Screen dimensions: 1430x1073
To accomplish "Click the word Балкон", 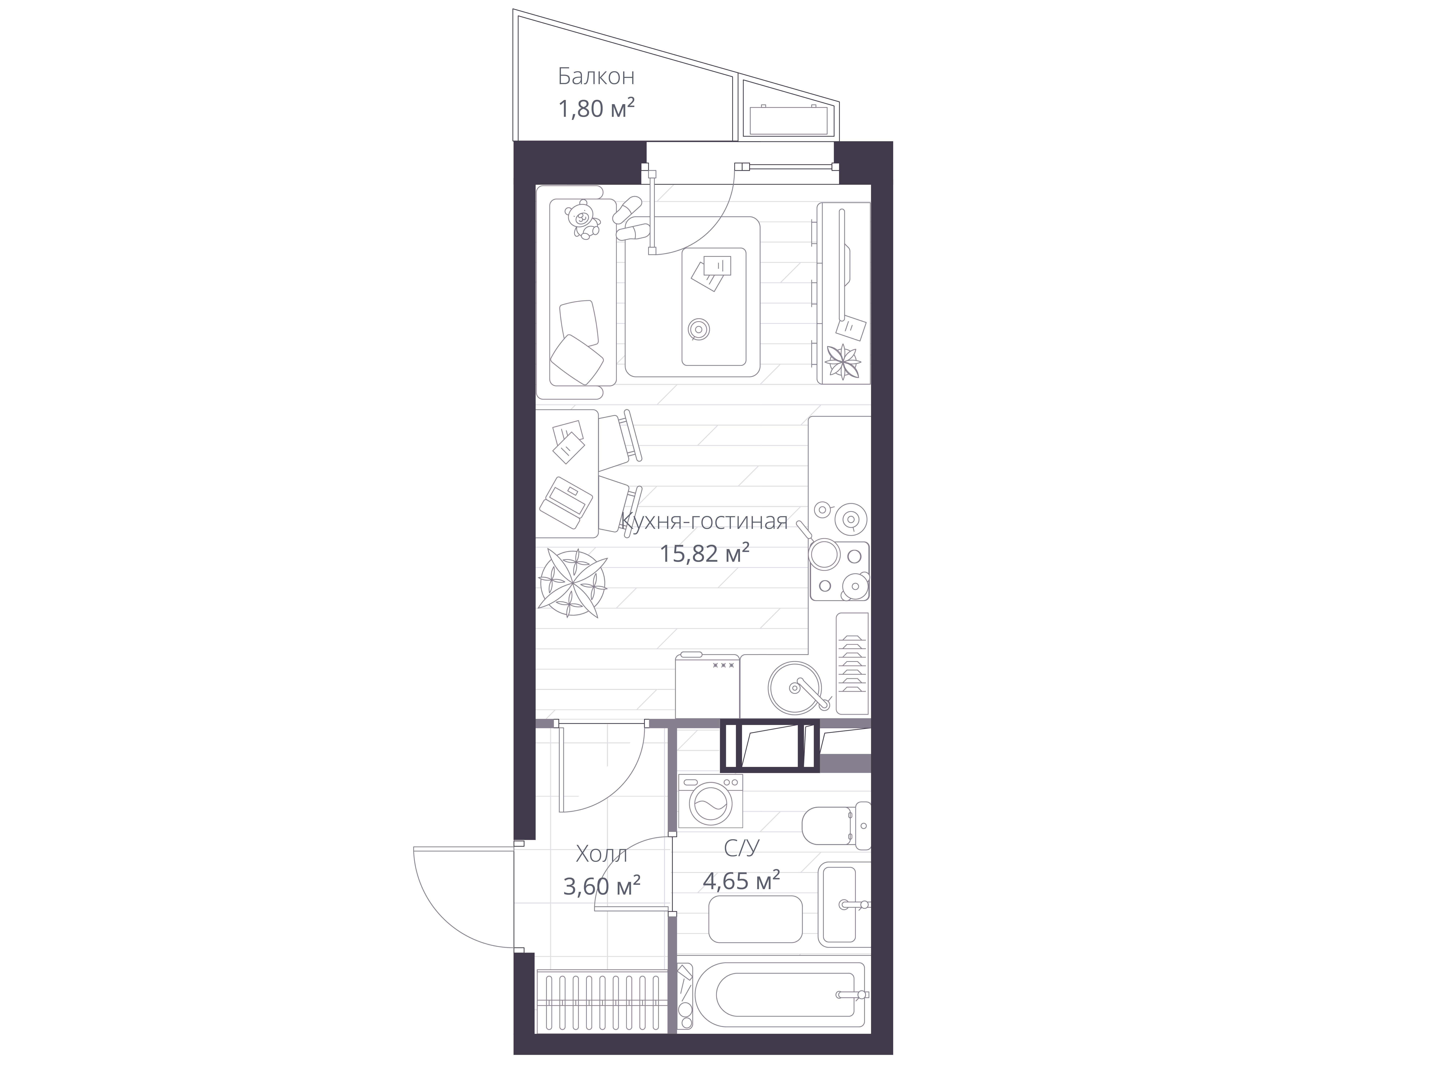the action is coord(596,77).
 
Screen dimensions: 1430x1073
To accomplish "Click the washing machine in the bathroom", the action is coord(710,801).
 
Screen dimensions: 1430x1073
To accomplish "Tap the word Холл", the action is coord(601,855).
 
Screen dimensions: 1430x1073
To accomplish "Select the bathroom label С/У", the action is coord(741,848).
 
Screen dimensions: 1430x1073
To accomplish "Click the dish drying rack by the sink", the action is coord(852,664).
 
